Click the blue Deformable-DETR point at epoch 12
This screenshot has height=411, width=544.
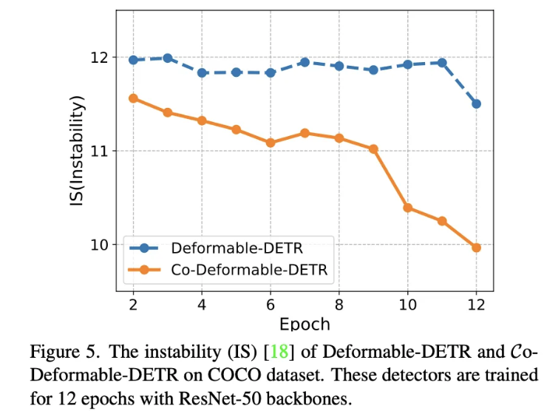click(x=476, y=103)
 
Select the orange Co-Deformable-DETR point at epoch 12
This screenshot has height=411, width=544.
click(x=476, y=248)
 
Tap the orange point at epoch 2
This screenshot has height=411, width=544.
click(x=133, y=98)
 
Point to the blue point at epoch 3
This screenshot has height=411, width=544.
click(x=168, y=58)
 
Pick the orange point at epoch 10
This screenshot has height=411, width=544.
click(x=407, y=208)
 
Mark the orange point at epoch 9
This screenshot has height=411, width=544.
click(x=373, y=149)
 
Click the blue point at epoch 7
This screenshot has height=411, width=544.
click(x=305, y=62)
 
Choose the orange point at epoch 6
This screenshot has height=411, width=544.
click(x=271, y=143)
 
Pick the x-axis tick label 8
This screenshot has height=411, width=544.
click(x=339, y=305)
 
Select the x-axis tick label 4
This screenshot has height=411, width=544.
click(x=202, y=305)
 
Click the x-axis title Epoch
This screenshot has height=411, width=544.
click(x=305, y=325)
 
